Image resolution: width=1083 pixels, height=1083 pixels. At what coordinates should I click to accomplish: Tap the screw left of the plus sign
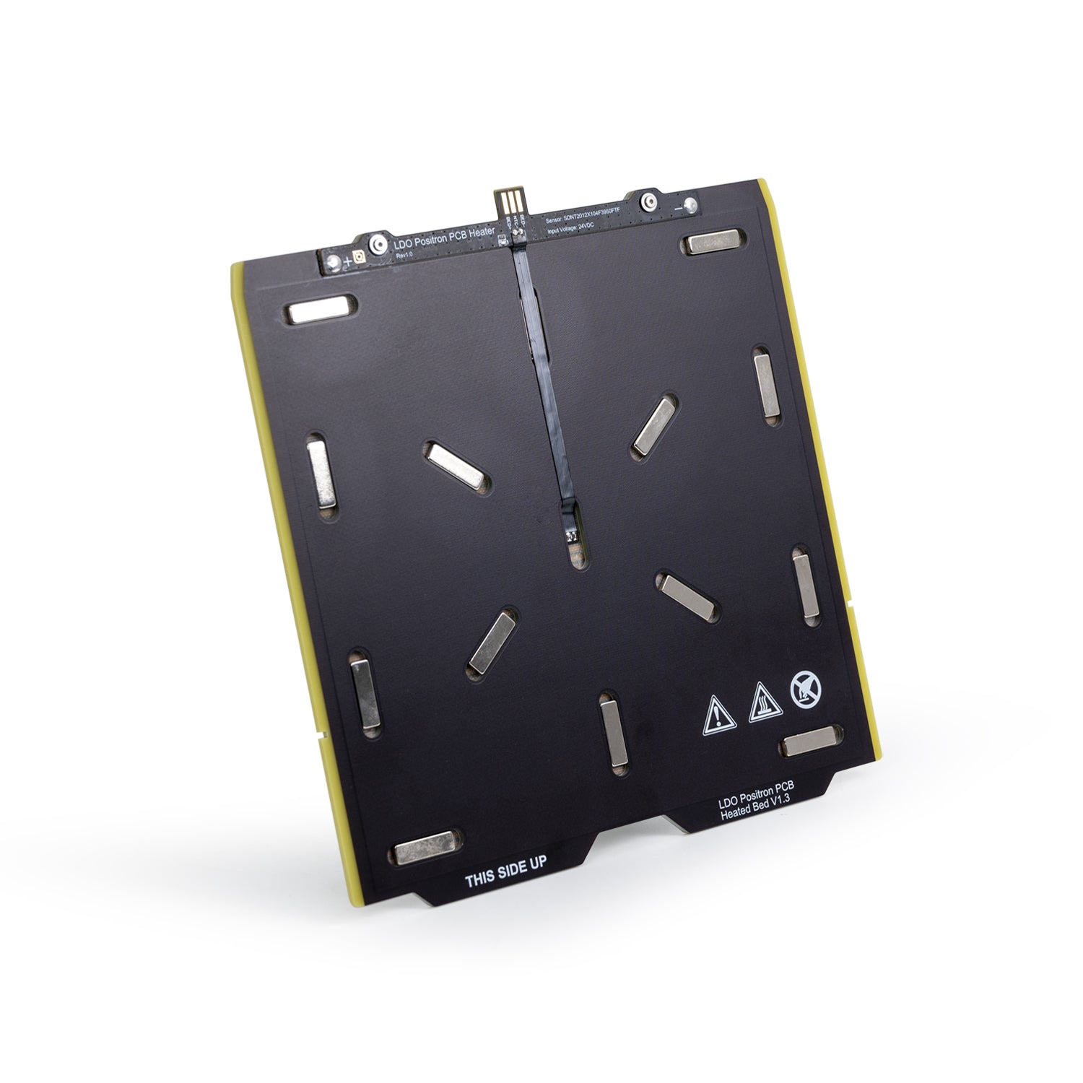coord(331,265)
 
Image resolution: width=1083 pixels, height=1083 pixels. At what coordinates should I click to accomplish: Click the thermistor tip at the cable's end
coord(573,536)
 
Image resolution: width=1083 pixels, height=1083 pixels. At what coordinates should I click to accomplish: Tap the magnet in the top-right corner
coord(713,243)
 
